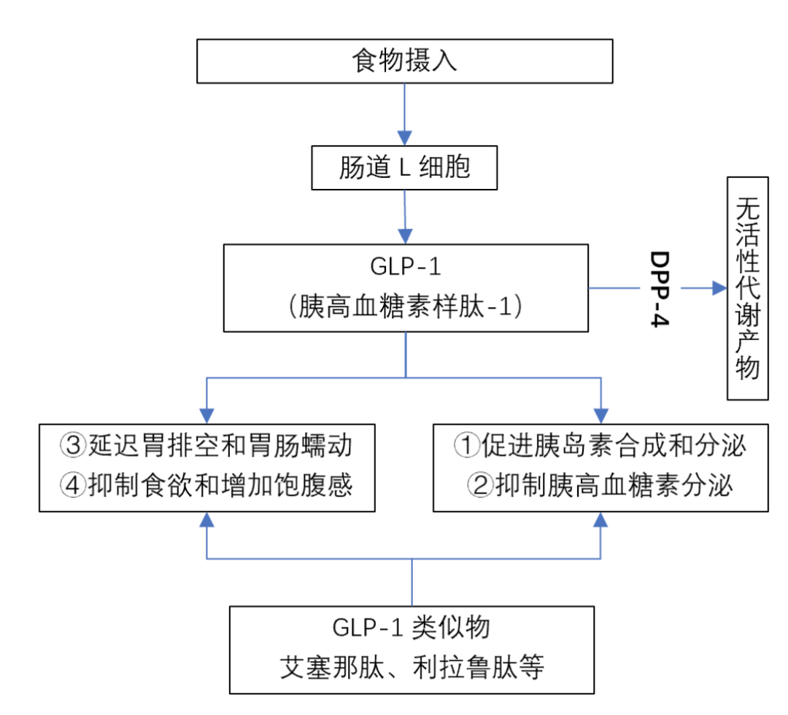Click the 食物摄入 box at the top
[405, 61]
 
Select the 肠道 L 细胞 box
[404, 168]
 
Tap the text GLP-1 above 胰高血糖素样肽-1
[406, 267]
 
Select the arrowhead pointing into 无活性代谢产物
[719, 288]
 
